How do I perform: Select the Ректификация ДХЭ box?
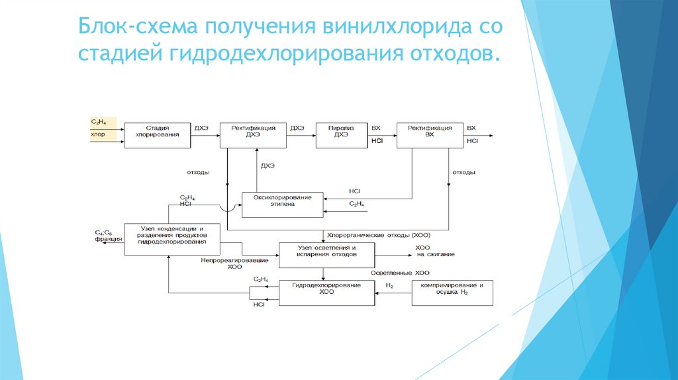pyautogui.click(x=253, y=132)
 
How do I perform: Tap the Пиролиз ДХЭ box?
pyautogui.click(x=341, y=132)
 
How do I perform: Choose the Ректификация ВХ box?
pyautogui.click(x=430, y=132)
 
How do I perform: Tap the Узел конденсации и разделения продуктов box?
pyautogui.click(x=171, y=235)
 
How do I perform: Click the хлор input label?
pyautogui.click(x=97, y=134)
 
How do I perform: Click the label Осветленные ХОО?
pyautogui.click(x=400, y=273)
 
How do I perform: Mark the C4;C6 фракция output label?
pyautogui.click(x=108, y=236)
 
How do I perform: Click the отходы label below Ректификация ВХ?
pyautogui.click(x=463, y=173)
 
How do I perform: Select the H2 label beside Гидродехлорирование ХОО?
pyautogui.click(x=389, y=285)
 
